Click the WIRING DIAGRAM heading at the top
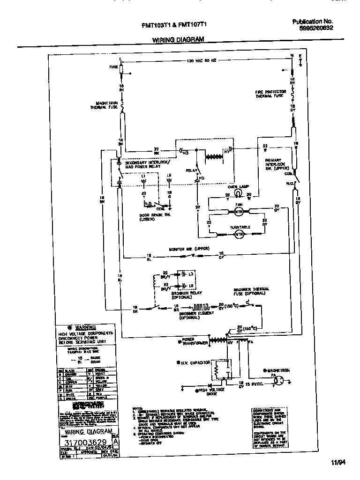(178, 40)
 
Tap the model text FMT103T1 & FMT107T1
(177, 26)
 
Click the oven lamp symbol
(238, 193)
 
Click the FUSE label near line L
(113, 67)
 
